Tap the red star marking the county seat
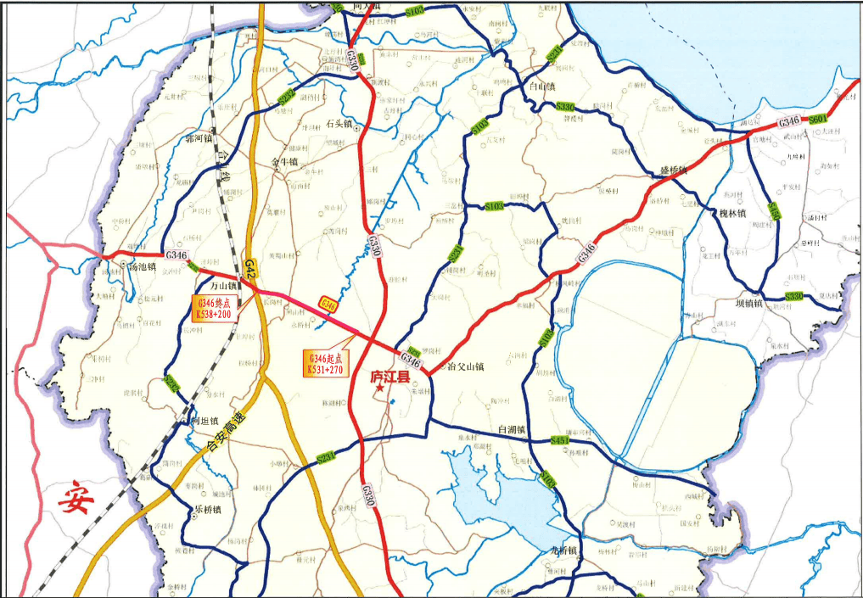tap(379, 387)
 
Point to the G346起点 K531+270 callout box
tap(326, 362)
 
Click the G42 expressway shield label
tap(250, 268)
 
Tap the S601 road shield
tap(818, 120)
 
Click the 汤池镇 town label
tap(142, 265)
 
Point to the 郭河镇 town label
tap(196, 138)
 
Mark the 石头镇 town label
tap(339, 125)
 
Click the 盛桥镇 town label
tap(675, 170)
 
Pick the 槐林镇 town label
tap(729, 214)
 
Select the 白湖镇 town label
tap(513, 429)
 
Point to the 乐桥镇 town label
tap(206, 510)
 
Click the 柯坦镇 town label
tap(205, 421)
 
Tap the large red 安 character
tap(76, 499)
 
